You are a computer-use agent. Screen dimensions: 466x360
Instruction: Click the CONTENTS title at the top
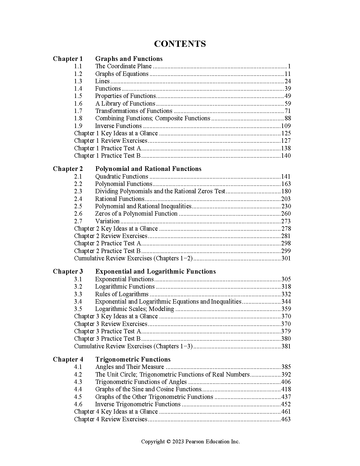point(180,44)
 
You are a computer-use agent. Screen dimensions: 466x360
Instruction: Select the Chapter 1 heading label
point(68,59)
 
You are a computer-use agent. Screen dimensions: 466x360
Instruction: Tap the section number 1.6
point(78,104)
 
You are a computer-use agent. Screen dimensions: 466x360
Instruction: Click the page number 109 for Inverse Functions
point(286,126)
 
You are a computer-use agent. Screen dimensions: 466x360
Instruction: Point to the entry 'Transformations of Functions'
point(134,111)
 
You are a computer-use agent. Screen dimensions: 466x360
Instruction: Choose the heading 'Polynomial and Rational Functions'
point(148,169)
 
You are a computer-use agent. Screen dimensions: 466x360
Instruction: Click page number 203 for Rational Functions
point(286,199)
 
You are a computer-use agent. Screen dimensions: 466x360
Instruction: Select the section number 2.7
point(78,221)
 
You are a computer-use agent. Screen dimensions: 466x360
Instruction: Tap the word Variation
point(107,221)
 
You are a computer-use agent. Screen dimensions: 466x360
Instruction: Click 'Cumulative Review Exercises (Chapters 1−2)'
point(133,258)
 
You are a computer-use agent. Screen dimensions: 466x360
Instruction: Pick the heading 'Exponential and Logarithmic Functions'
point(155,272)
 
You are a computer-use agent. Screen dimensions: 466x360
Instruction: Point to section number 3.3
point(78,294)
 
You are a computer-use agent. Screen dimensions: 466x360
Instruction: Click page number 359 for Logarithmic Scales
point(286,309)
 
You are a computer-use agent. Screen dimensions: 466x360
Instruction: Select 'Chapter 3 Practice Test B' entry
point(107,339)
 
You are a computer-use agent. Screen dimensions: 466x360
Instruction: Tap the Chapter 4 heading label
point(68,360)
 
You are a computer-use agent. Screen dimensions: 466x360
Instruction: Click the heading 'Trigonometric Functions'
point(133,360)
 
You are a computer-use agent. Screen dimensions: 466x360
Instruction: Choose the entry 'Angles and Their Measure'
point(130,367)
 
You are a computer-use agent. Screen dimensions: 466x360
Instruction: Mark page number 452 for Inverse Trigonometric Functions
point(286,404)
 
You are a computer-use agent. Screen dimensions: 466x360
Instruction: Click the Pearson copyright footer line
point(190,441)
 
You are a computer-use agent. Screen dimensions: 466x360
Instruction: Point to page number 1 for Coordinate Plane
point(289,66)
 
